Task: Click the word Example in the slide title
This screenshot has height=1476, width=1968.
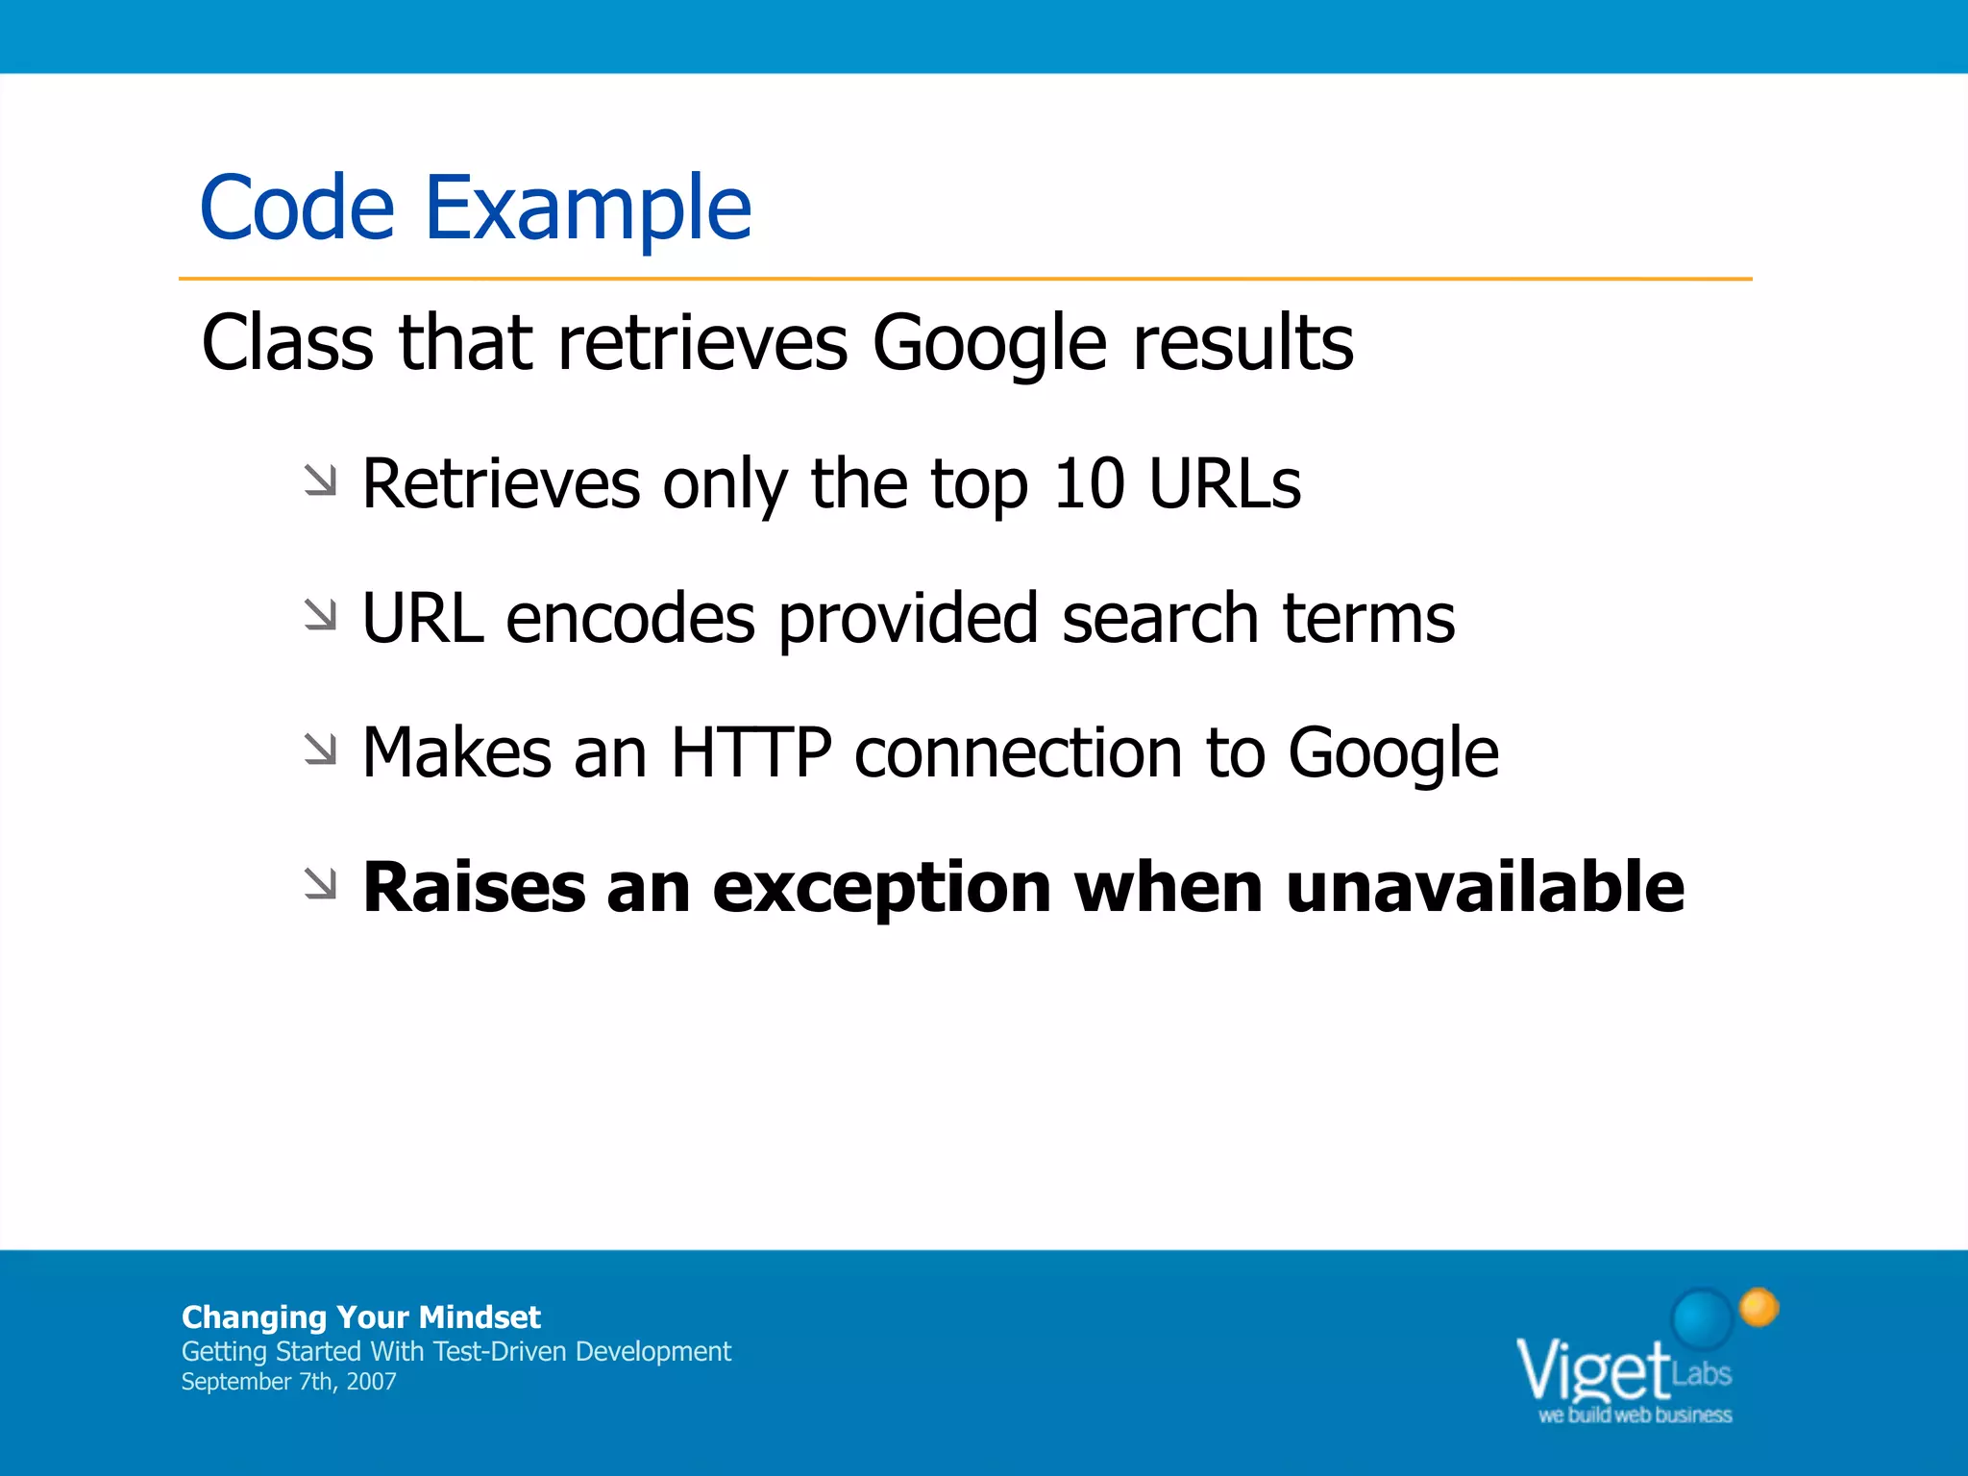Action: pos(587,209)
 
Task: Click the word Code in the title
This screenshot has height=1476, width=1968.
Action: pos(297,209)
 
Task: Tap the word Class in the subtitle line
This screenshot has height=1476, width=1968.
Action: pos(287,343)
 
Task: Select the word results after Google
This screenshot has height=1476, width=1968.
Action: pos(1242,343)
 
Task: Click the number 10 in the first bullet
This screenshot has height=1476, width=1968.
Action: pos(1089,483)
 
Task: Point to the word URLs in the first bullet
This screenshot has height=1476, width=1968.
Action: pos(1225,483)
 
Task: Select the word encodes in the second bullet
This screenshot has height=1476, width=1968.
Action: pos(630,618)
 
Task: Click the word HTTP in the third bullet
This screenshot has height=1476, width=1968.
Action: pos(750,752)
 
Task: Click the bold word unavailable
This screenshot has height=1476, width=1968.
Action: pos(1485,887)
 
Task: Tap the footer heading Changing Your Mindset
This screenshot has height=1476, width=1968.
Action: pos(361,1316)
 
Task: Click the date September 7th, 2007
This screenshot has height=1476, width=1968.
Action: pos(288,1382)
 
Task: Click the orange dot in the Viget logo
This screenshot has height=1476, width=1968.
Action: pos(1759,1307)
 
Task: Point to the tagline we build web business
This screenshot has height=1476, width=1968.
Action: pos(1635,1415)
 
